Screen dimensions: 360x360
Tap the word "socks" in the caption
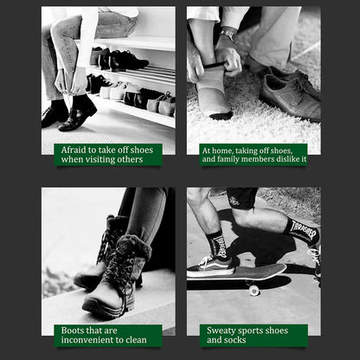click(235, 340)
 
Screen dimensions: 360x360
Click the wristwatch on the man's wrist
click(228, 34)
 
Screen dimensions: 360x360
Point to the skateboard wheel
click(254, 290)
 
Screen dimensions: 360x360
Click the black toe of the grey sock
click(221, 115)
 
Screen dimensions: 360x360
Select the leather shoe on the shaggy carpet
click(290, 94)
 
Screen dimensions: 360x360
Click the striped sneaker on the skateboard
click(210, 267)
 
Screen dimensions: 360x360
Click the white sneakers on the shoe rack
click(115, 91)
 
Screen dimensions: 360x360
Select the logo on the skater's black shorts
click(235, 201)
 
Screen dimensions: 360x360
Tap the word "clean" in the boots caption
click(136, 340)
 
